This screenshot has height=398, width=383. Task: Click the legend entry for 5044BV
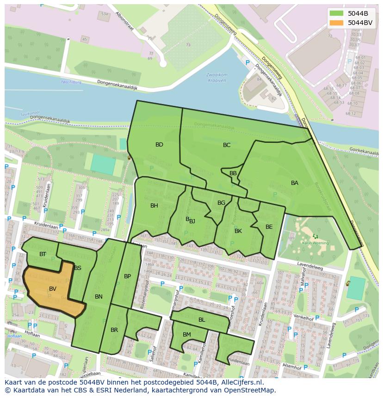click(360, 22)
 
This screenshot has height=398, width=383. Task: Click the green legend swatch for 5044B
click(337, 13)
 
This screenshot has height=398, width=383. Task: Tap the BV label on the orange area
click(52, 288)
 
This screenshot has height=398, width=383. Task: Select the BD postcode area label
click(159, 145)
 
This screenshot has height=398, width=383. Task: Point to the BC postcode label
click(227, 145)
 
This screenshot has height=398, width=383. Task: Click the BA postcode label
click(295, 183)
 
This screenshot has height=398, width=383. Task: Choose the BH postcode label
click(154, 206)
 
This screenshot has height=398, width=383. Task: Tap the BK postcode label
click(238, 231)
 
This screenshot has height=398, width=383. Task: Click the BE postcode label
click(269, 227)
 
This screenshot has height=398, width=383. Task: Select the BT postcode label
click(43, 254)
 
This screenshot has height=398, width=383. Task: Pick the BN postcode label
click(99, 297)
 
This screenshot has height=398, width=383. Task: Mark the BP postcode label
click(128, 276)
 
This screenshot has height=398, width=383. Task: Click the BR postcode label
click(114, 330)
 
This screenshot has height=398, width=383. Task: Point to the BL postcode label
click(202, 320)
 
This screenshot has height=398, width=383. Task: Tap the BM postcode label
click(187, 335)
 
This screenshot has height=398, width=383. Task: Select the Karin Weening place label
click(315, 243)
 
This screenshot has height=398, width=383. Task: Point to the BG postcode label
click(221, 203)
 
